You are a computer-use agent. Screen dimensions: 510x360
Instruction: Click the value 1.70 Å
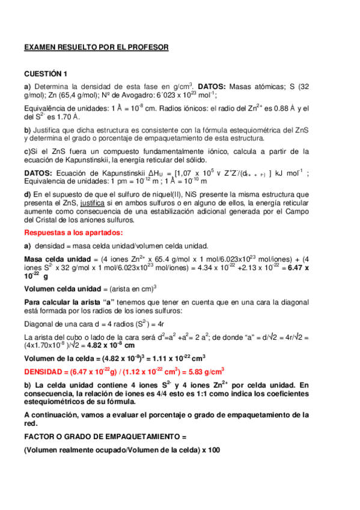(x=69, y=117)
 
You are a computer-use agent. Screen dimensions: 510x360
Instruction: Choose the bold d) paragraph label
(x=28, y=194)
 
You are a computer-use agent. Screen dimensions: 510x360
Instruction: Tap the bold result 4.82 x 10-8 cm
(x=109, y=346)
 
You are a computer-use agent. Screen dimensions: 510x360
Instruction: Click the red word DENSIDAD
(x=45, y=370)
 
